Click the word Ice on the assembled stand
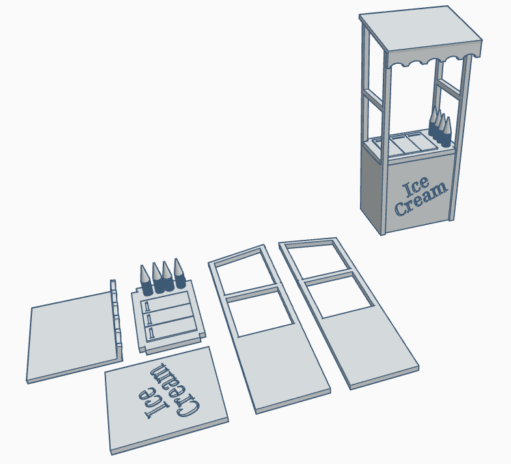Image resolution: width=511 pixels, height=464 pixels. (415, 187)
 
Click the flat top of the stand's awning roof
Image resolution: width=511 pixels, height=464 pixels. (421, 28)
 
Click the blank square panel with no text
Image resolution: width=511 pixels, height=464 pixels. (72, 336)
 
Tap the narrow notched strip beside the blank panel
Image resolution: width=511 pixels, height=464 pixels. (117, 320)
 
